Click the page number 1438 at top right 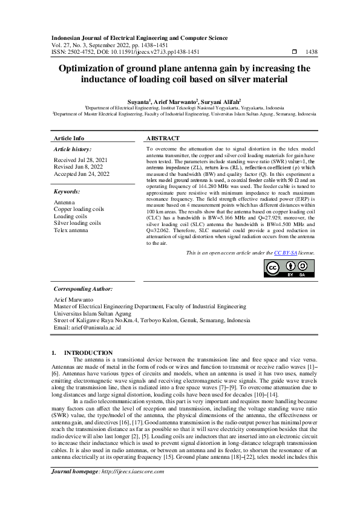tap(312, 53)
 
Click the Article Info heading tap(70, 138)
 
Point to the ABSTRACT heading tap(163, 138)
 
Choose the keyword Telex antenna tap(71, 230)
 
